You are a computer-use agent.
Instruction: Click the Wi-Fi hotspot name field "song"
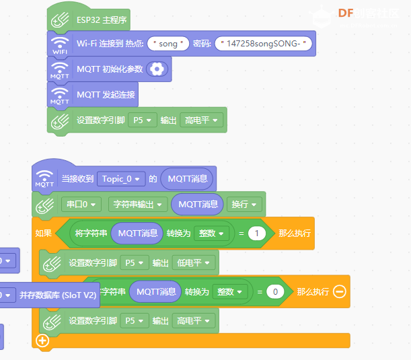(168, 44)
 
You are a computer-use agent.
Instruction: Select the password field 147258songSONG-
(264, 44)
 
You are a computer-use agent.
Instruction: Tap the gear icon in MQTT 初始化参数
(157, 69)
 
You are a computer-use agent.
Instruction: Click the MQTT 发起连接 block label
(106, 94)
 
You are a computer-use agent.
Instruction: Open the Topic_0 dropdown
(121, 178)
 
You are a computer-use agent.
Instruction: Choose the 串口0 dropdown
(81, 204)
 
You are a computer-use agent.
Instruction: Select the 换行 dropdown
(244, 204)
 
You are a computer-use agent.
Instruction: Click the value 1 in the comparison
(256, 233)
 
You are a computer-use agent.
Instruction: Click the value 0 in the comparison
(274, 291)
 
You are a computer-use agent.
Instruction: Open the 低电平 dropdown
(194, 262)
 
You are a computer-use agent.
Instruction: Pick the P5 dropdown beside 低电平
(135, 262)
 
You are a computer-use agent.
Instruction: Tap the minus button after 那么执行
(339, 291)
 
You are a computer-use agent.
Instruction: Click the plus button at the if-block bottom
(43, 340)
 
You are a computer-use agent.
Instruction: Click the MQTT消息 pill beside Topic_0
(188, 178)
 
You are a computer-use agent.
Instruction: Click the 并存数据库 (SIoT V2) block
(59, 295)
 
